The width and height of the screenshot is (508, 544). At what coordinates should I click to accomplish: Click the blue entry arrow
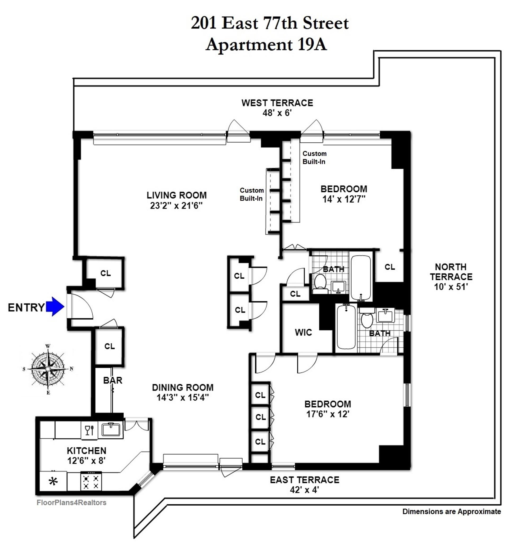[55, 307]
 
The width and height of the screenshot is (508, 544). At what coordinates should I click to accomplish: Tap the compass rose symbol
[48, 369]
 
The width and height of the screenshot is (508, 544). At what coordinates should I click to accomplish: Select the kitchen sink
[111, 429]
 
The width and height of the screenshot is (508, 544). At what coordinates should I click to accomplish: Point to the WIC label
[303, 332]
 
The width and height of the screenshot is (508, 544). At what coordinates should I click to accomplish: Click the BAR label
[112, 380]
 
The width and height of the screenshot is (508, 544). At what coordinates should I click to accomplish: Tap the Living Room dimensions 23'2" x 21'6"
[176, 205]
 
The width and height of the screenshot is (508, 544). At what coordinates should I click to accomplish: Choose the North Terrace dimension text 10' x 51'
[451, 287]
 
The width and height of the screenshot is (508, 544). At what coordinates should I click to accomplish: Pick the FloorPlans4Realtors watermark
[71, 502]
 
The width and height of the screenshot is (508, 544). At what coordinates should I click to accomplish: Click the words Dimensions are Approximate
[451, 511]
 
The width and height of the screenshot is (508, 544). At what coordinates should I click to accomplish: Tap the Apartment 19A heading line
[266, 44]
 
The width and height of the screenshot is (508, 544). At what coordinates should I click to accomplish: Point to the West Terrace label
[277, 103]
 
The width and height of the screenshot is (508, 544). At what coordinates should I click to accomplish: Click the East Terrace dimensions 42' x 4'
[304, 489]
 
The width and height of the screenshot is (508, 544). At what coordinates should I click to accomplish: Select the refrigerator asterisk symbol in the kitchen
[53, 482]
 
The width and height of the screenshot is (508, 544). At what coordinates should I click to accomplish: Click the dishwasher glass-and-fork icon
[89, 430]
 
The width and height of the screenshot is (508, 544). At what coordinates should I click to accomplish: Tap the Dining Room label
[183, 387]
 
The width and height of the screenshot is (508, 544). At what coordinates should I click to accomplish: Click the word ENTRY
[26, 307]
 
